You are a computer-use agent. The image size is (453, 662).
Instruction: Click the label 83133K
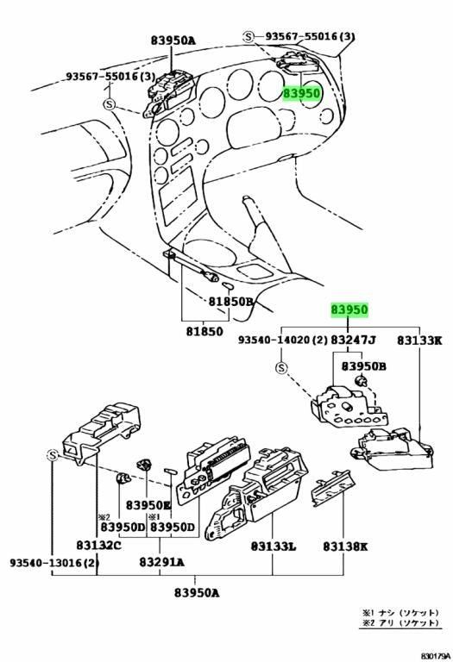tap(419, 342)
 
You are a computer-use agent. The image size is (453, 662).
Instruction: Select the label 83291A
tap(161, 562)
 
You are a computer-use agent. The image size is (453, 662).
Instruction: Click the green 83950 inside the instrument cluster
tap(301, 94)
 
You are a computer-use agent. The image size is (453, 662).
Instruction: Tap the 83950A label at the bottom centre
tap(196, 593)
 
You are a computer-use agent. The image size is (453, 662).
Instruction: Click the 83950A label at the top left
tap(173, 40)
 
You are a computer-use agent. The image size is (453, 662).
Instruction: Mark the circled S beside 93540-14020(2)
tap(281, 369)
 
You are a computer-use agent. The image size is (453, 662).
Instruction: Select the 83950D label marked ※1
tap(173, 527)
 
